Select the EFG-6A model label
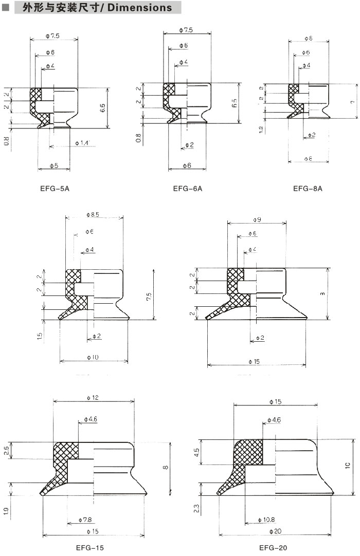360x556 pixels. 188,189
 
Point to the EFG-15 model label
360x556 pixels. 89,548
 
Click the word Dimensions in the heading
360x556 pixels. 140,8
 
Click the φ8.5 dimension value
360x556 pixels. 93,214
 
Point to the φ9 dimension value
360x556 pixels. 257,220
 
